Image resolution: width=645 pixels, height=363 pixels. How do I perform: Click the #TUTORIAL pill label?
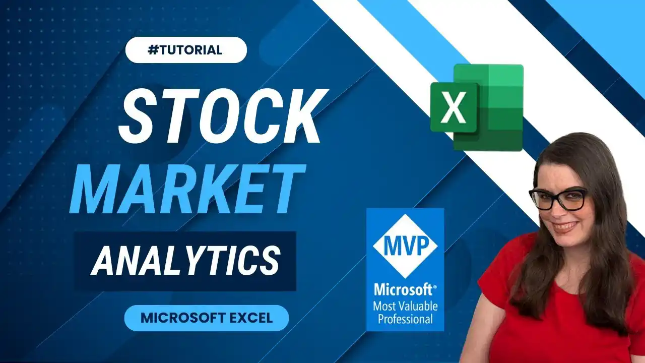[x=186, y=50]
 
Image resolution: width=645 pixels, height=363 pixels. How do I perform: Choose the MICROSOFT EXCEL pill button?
[x=206, y=318]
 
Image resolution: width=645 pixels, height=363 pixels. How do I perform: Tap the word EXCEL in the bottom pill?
[x=248, y=318]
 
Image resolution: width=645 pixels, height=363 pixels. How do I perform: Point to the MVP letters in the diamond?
[x=405, y=246]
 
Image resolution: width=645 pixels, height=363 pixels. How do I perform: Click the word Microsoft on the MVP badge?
[x=404, y=290]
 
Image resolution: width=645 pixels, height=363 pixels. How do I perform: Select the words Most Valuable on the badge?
[x=405, y=306]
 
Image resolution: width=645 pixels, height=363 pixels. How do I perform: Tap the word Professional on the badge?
[x=405, y=319]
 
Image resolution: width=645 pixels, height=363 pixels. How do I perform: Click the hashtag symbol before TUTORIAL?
[x=154, y=50]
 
